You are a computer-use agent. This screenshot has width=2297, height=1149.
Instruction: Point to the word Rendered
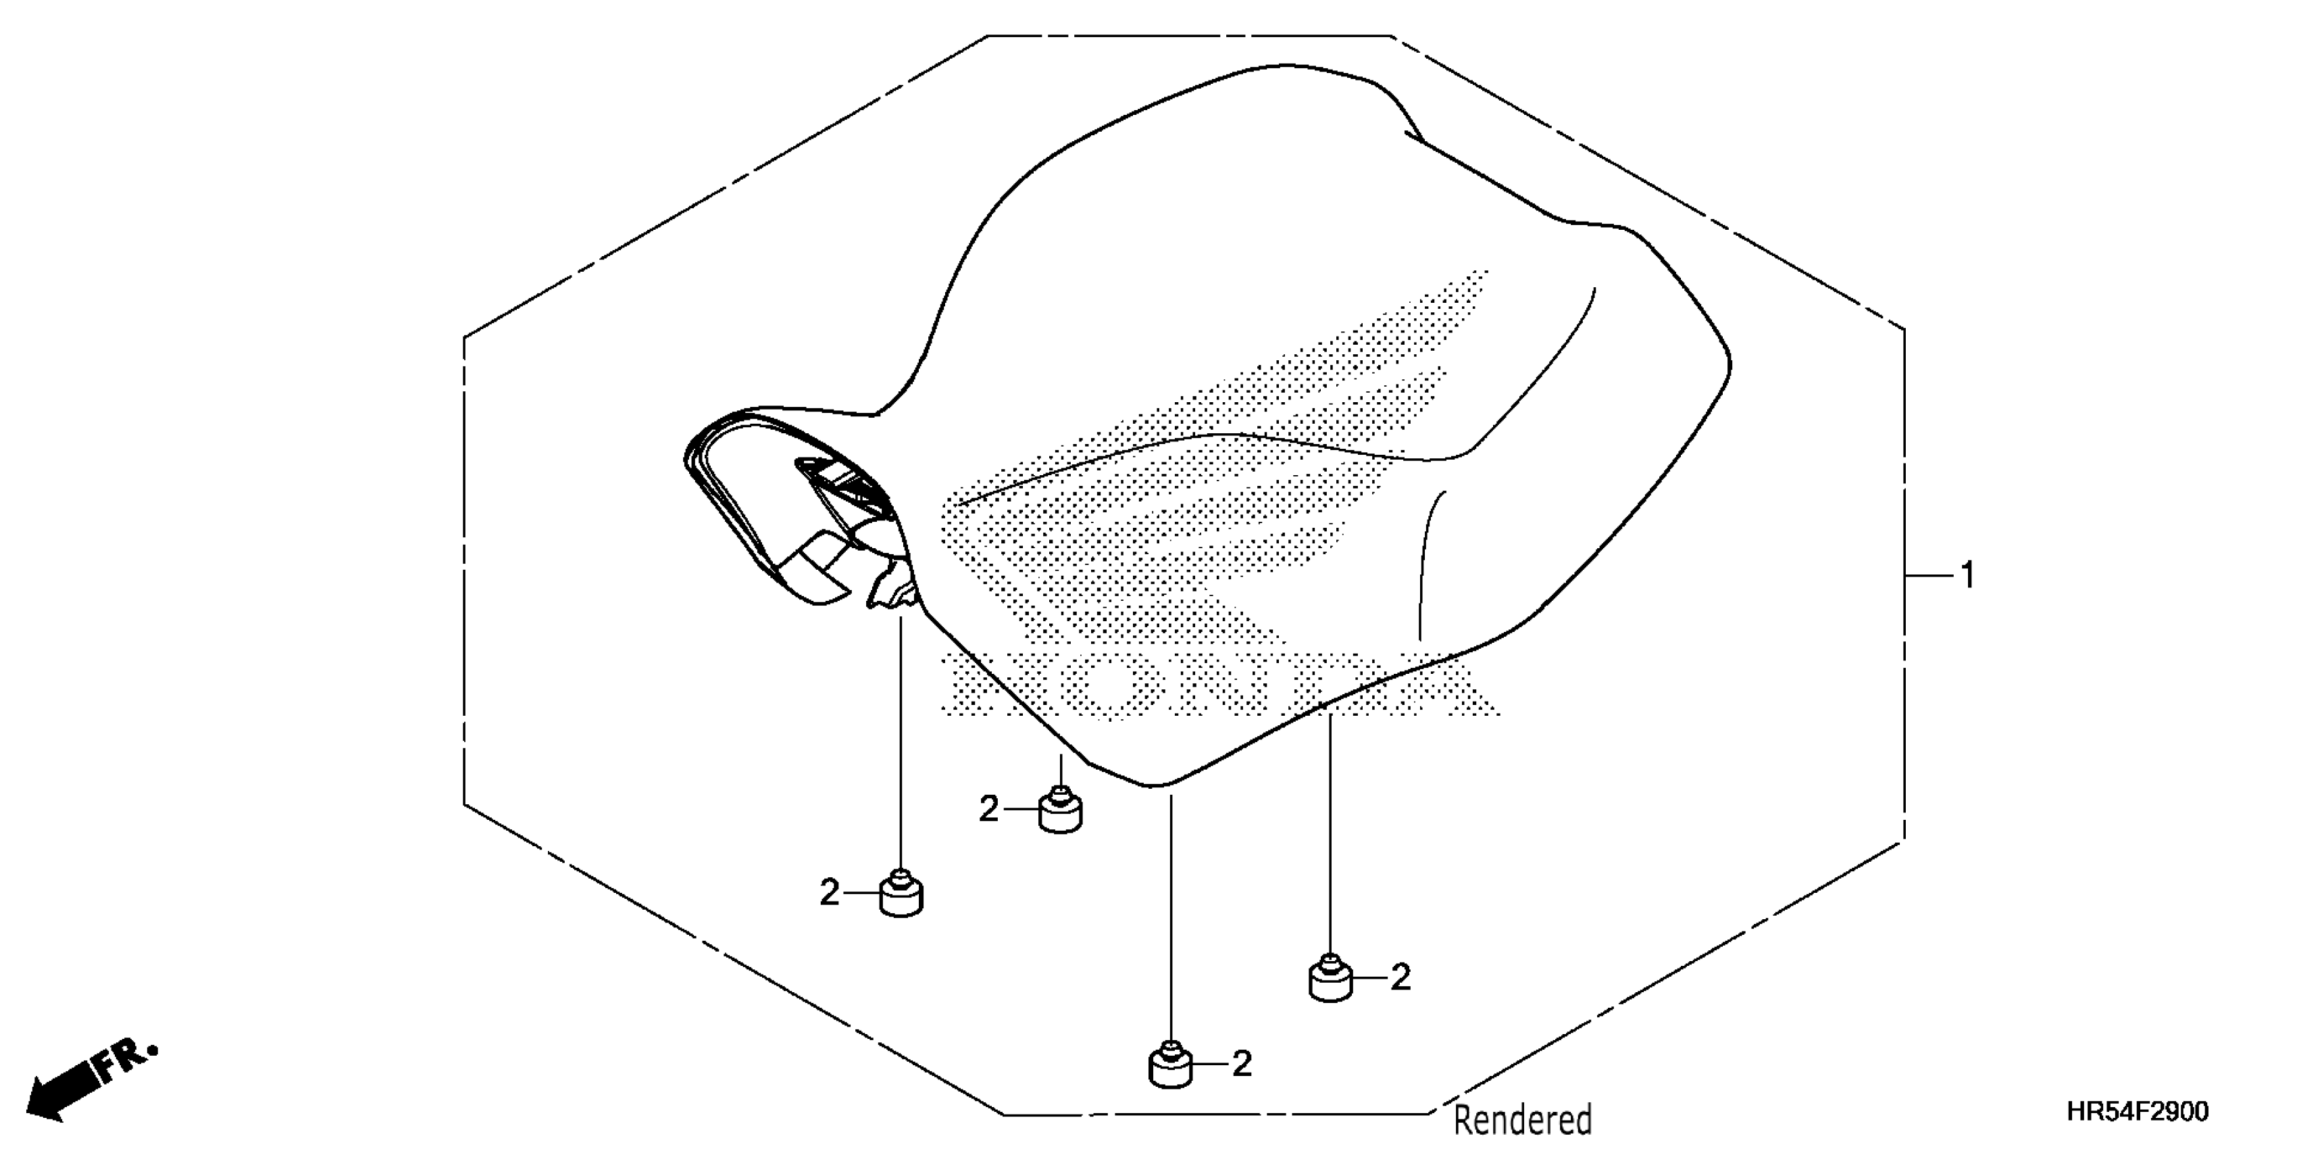point(1522,1119)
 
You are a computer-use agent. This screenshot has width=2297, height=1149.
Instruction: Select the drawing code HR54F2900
point(2136,1112)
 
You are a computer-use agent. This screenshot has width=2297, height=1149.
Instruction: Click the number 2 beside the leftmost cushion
point(829,892)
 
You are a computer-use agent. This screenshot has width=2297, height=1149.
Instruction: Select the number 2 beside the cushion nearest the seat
point(988,809)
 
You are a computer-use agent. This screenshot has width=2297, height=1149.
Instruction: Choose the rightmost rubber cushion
point(1330,979)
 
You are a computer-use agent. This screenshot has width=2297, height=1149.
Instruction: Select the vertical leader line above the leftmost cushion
point(901,740)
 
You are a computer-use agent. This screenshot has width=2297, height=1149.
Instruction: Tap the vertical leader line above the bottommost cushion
point(1171,919)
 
